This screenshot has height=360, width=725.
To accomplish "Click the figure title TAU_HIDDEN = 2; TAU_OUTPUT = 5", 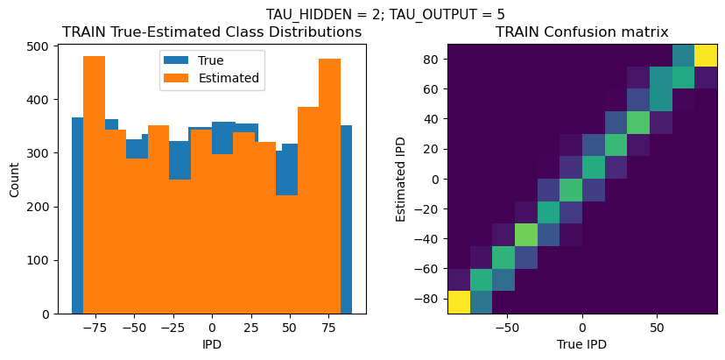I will pyautogui.click(x=385, y=14).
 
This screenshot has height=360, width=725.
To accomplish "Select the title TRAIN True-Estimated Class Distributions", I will pyautogui.click(x=212, y=32).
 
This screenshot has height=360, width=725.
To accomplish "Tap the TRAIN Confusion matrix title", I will pyautogui.click(x=582, y=32).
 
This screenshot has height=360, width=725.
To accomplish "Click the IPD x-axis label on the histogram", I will pyautogui.click(x=212, y=344).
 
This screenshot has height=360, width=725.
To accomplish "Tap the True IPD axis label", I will pyautogui.click(x=582, y=344).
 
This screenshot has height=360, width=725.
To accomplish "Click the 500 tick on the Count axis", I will pyautogui.click(x=39, y=46).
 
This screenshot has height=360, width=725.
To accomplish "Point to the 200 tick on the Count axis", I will pyautogui.click(x=39, y=207).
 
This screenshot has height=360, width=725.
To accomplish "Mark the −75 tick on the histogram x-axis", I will pyautogui.click(x=95, y=327).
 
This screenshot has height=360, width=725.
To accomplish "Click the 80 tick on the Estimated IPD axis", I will pyautogui.click(x=429, y=59).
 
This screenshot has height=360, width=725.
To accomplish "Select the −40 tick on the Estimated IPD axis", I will pyautogui.click(x=426, y=239).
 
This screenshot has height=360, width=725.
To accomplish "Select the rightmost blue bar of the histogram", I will pyautogui.click(x=346, y=219).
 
